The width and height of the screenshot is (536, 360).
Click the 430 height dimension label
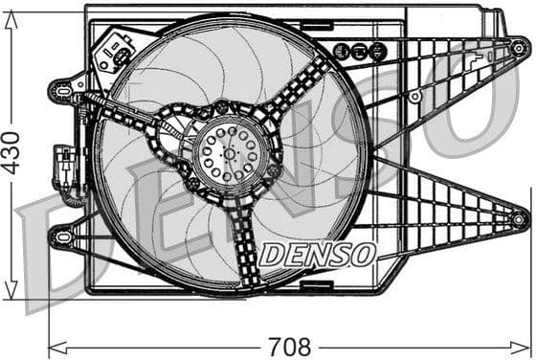(x=11, y=151)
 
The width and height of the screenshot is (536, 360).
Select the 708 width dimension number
(x=288, y=346)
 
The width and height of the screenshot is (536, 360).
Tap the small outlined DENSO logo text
(x=317, y=255)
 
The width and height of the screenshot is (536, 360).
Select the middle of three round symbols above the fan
(x=357, y=52)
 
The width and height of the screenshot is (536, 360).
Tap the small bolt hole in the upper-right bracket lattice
(x=414, y=97)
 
